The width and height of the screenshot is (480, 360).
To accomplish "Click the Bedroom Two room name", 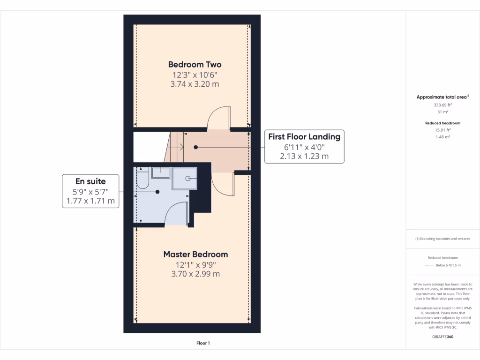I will point(195,65).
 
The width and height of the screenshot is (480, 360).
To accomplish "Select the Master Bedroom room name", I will point(195,255).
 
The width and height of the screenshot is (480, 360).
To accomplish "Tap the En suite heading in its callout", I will point(90,181).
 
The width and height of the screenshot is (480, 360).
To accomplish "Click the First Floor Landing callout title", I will point(304,137).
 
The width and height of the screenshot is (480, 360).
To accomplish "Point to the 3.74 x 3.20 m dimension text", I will point(195,84).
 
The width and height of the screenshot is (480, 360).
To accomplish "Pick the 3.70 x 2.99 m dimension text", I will point(195,274).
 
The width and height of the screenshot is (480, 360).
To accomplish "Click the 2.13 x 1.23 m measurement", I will point(304,157).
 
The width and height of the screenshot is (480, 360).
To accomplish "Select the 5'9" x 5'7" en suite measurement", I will point(90,192).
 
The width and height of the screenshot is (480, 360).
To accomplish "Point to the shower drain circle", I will point(187,178).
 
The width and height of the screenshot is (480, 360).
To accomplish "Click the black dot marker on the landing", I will point(196,147).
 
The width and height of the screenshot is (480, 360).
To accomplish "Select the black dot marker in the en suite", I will point(157,192).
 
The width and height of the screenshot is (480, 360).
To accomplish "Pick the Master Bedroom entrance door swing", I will point(222,184).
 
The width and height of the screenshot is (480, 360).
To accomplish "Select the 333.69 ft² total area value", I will point(442,105).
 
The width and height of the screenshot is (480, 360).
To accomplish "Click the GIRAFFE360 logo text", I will point(442,337).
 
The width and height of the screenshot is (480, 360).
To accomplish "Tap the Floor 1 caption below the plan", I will point(203,344).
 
